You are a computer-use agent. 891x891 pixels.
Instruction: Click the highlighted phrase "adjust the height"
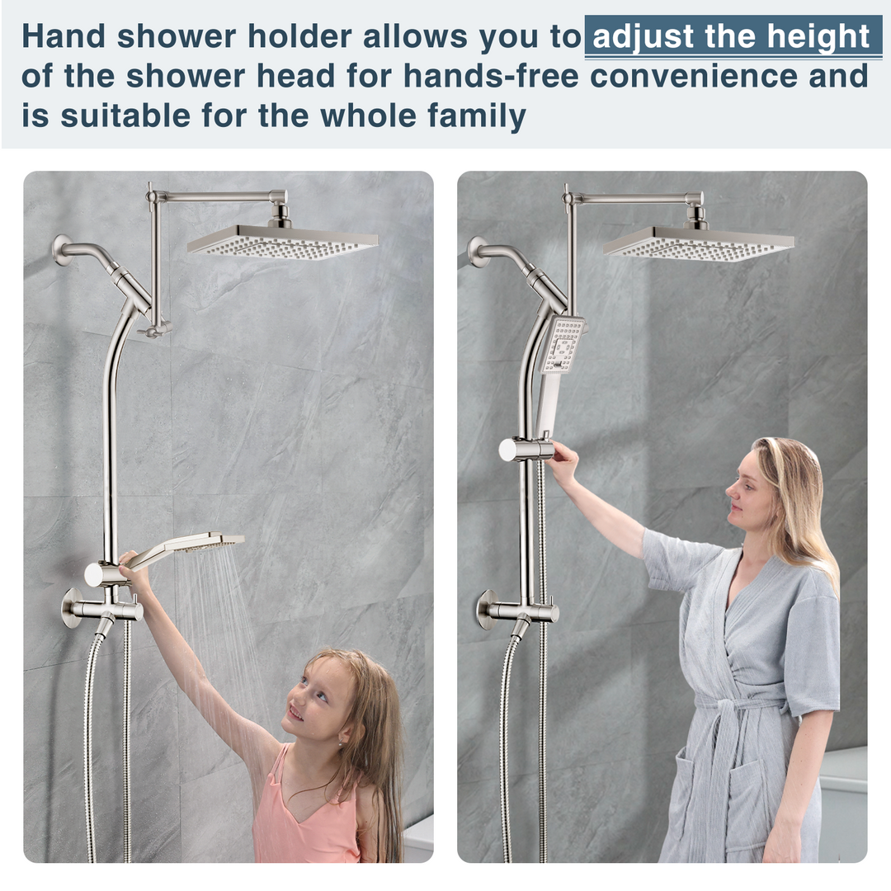[x=732, y=38]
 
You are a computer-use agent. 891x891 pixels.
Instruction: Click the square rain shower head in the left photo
[x=282, y=241]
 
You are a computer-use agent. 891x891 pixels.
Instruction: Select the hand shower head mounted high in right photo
[x=563, y=343]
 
